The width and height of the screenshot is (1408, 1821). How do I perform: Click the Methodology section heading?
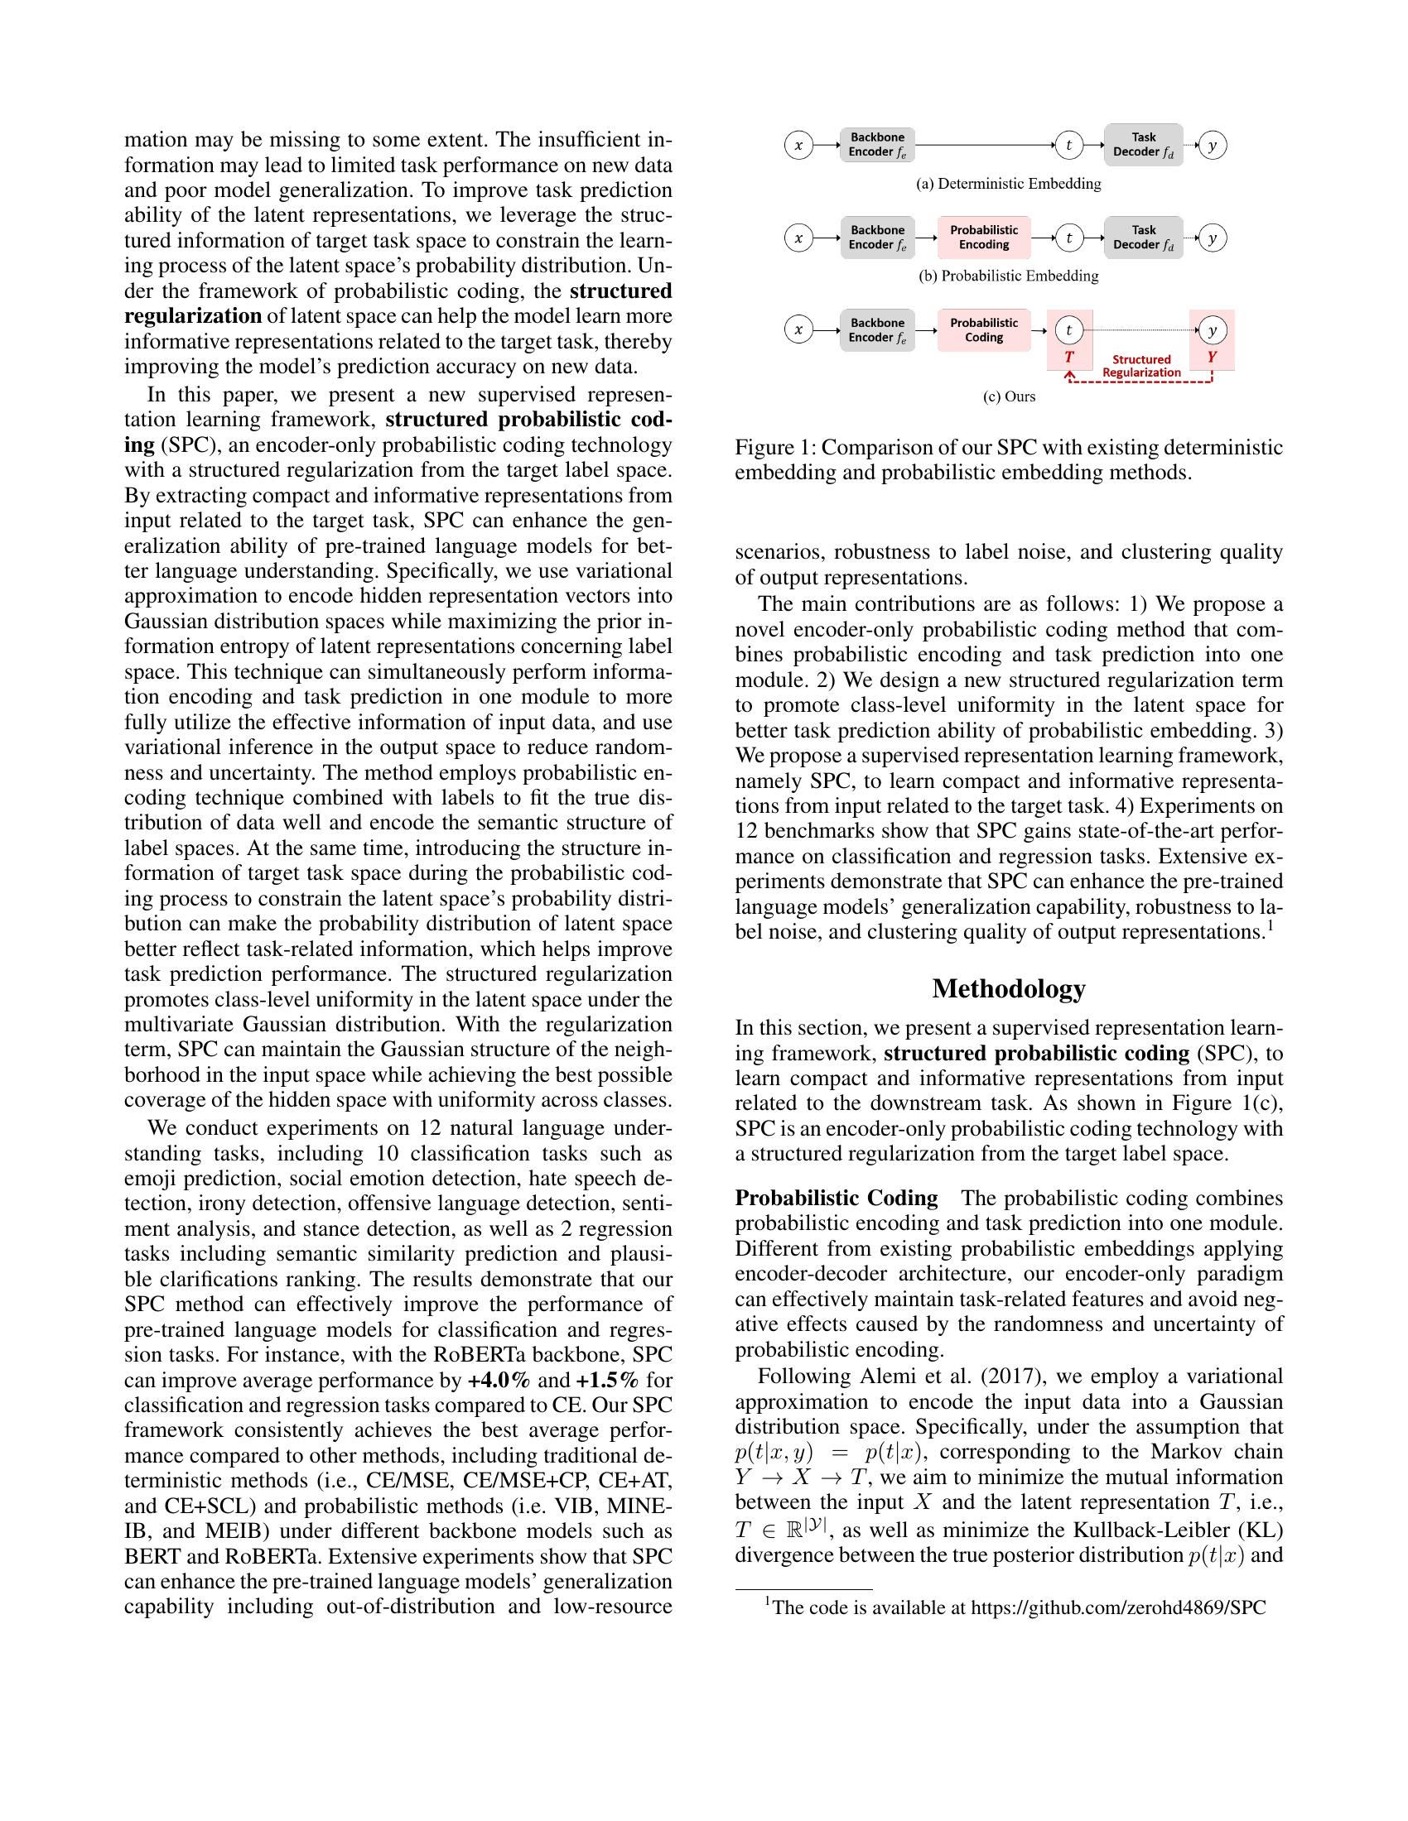click(x=1009, y=989)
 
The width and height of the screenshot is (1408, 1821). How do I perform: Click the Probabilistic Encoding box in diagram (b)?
click(x=983, y=238)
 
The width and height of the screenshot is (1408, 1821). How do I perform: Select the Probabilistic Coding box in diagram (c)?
click(x=983, y=330)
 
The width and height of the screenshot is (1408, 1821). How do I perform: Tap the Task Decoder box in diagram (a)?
click(x=1143, y=145)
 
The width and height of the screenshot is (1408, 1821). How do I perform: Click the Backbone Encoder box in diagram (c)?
click(x=876, y=330)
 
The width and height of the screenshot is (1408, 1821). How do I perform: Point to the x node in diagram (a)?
click(x=798, y=146)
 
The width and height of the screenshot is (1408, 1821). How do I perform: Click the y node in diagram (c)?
click(x=1212, y=331)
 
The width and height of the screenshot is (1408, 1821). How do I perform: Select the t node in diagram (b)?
click(x=1068, y=238)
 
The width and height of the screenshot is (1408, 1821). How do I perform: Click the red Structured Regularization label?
click(x=1141, y=366)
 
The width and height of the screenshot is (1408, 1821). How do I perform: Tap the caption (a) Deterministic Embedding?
click(x=1009, y=184)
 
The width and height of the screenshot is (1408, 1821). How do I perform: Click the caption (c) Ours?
click(x=1009, y=396)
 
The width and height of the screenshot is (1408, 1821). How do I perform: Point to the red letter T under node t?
click(x=1068, y=357)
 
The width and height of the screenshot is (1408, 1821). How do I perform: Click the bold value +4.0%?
click(x=499, y=1380)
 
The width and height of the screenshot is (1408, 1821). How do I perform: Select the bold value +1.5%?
click(x=606, y=1380)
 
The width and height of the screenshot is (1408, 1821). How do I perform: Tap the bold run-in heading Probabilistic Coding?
click(x=836, y=1199)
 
